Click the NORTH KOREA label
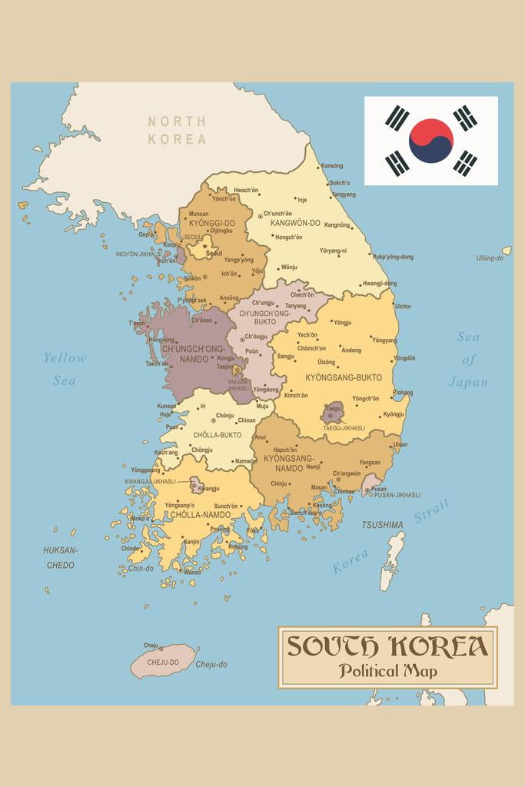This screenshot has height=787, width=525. [177, 131]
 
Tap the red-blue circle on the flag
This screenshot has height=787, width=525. [430, 141]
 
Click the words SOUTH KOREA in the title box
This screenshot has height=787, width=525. [387, 646]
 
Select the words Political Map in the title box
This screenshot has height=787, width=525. [387, 671]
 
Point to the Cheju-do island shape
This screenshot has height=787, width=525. [162, 661]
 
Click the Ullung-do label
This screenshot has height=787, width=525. [490, 258]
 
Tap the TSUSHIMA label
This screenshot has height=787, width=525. [382, 525]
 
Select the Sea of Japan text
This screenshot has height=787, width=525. [468, 359]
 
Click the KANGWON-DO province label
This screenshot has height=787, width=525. [295, 223]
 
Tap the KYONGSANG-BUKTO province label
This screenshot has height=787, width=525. [344, 377]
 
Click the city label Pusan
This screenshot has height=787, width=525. [379, 489]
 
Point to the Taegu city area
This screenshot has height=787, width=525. [332, 412]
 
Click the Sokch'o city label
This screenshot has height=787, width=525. [339, 183]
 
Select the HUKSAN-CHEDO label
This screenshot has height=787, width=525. [60, 557]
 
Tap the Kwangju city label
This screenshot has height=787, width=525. [208, 488]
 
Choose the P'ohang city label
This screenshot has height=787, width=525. [403, 392]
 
